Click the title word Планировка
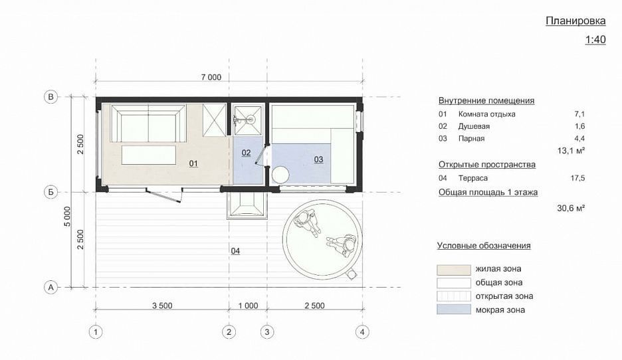tap(575, 21)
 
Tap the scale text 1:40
tap(595, 40)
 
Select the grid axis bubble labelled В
tap(51, 97)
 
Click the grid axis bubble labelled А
tap(51, 287)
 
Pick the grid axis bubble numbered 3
tap(267, 332)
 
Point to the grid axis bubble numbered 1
tap(96, 332)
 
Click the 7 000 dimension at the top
tap(211, 77)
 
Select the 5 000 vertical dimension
tap(67, 217)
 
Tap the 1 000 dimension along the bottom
tap(248, 306)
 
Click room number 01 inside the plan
tap(193, 163)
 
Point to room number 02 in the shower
tap(246, 153)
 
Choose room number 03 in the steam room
tap(318, 159)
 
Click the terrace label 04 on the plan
tap(235, 251)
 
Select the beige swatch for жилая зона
tap(454, 270)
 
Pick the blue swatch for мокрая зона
tap(454, 310)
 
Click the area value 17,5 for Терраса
tap(577, 178)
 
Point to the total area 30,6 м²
tap(571, 208)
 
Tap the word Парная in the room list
tap(471, 139)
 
